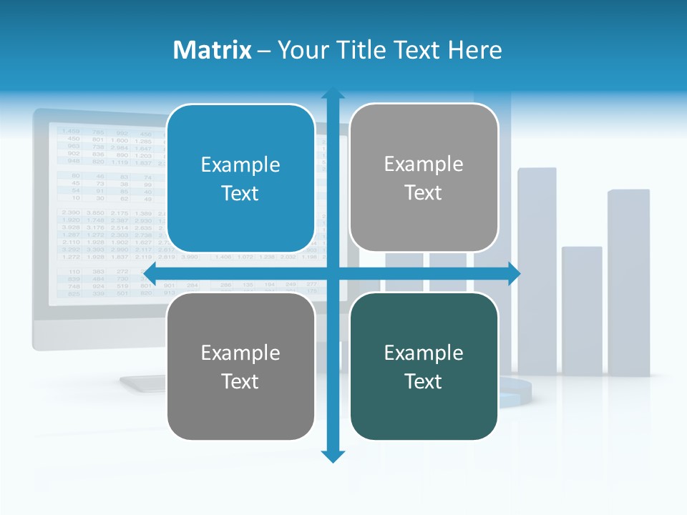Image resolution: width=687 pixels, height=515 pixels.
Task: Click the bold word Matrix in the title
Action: (x=213, y=50)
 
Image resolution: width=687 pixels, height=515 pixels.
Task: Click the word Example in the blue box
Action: (x=240, y=165)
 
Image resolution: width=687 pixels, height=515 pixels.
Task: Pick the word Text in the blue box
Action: (x=240, y=194)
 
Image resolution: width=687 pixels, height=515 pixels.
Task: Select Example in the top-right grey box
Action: (x=423, y=165)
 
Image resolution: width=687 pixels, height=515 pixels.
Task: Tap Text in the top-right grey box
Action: (x=423, y=193)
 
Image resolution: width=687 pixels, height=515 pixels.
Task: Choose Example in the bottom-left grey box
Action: (x=240, y=353)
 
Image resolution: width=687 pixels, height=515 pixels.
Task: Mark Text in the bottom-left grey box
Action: (x=240, y=382)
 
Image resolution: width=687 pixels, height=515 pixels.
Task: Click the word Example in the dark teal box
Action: (x=423, y=353)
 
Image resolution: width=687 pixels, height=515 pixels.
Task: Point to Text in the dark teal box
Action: (x=423, y=382)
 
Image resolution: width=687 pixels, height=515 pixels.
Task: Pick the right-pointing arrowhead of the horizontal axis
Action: (x=514, y=273)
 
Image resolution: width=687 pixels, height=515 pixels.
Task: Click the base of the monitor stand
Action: (x=143, y=384)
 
